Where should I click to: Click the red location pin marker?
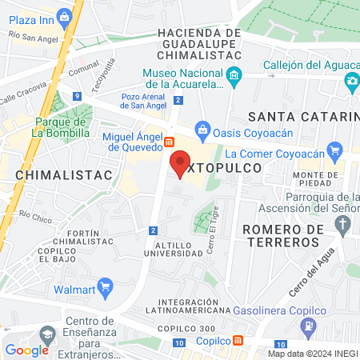click(x=179, y=163)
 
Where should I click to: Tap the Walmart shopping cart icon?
click(x=104, y=286)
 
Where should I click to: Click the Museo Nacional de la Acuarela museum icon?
click(x=234, y=78)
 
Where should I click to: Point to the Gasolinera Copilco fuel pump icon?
click(x=308, y=326)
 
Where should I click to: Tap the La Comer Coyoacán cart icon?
click(x=335, y=150)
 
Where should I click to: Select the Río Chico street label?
click(x=35, y=216)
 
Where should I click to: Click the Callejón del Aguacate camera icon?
click(x=351, y=80)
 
